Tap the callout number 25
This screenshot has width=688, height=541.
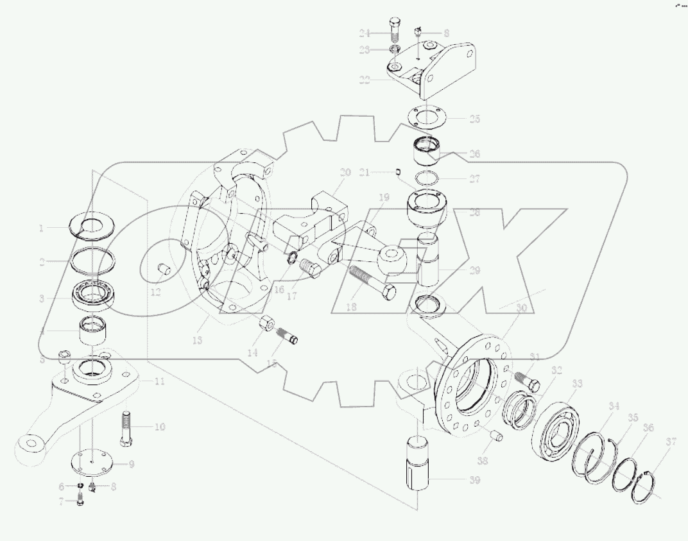(474, 119)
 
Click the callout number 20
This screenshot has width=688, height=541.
(345, 173)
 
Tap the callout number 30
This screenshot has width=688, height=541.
(521, 308)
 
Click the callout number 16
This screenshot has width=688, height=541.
(279, 289)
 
